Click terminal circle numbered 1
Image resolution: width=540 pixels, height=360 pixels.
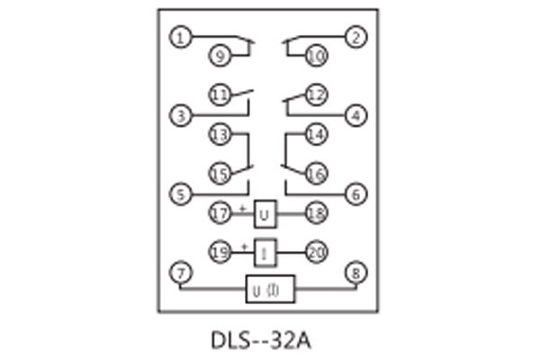click(182, 38)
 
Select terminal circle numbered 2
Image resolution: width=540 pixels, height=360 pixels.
click(357, 38)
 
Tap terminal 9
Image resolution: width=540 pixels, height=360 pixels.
click(220, 56)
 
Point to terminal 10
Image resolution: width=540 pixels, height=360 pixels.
click(316, 56)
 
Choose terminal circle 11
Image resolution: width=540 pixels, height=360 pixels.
click(220, 94)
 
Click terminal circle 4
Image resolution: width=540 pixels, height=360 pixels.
click(357, 115)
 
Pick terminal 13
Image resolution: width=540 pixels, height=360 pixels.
click(220, 135)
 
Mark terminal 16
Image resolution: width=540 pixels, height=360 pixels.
click(316, 173)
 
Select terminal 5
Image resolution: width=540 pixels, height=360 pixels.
click(182, 193)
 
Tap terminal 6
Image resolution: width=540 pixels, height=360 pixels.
click(357, 193)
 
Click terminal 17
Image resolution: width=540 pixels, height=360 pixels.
click(220, 213)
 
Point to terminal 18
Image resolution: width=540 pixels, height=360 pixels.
click(316, 213)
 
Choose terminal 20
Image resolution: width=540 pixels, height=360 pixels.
click(316, 253)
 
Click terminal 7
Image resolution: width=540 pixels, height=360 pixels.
click(182, 272)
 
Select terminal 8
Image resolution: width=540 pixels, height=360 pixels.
click(357, 272)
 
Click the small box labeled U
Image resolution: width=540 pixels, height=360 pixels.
click(265, 214)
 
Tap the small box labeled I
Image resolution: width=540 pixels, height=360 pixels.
click(265, 253)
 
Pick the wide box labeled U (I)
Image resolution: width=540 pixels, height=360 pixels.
click(270, 290)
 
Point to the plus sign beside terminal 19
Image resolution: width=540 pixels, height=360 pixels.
click(242, 246)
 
